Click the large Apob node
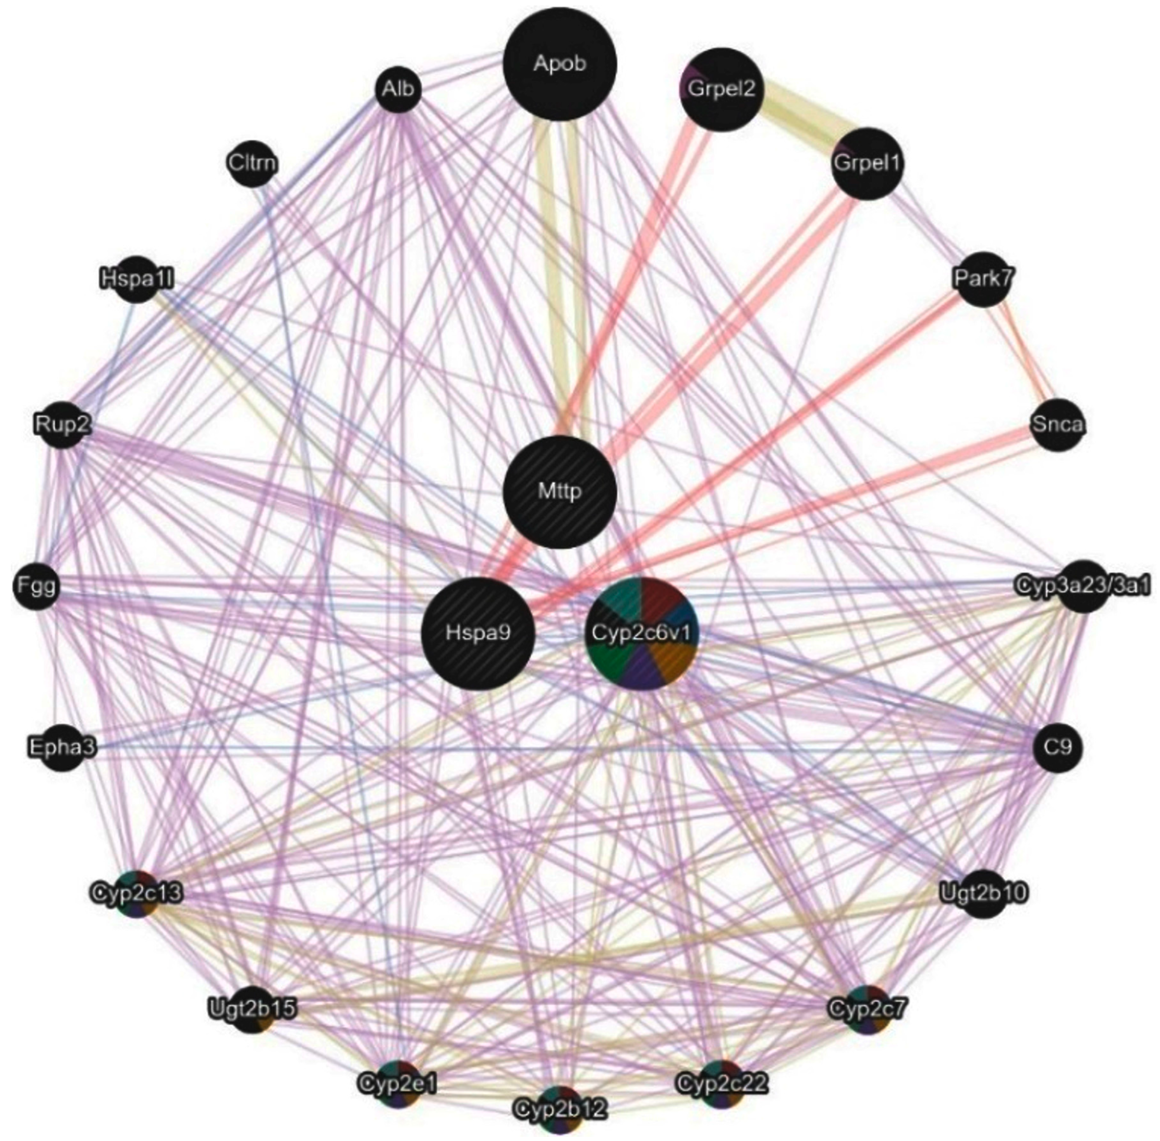click(x=560, y=65)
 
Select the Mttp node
click(x=560, y=492)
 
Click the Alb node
click(x=398, y=90)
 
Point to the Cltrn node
click(x=253, y=162)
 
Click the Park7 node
click(x=983, y=279)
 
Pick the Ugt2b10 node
click(x=983, y=894)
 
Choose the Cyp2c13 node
click(x=137, y=894)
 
